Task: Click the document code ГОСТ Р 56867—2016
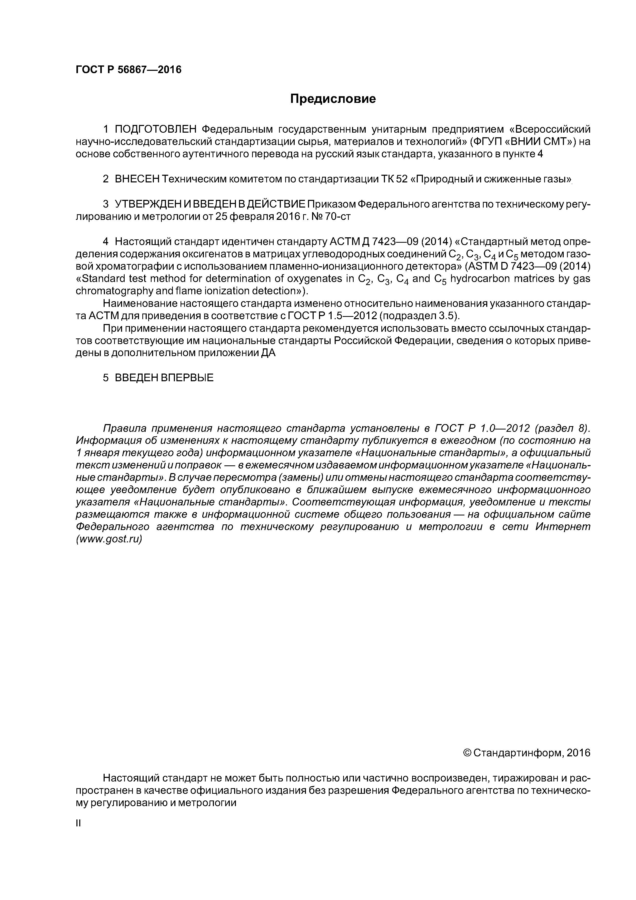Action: (x=128, y=70)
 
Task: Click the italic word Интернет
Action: (x=562, y=526)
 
